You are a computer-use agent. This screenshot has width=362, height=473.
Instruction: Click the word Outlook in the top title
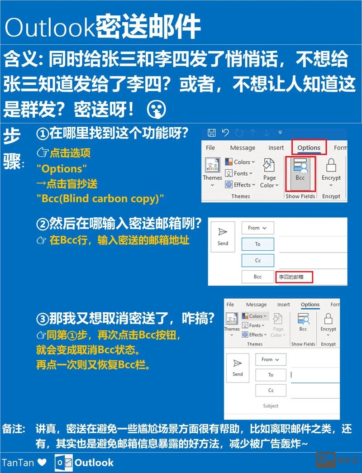click(x=50, y=28)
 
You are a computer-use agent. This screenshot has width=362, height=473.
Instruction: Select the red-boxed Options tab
click(x=309, y=148)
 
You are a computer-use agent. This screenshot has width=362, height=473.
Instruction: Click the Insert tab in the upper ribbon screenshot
click(x=276, y=148)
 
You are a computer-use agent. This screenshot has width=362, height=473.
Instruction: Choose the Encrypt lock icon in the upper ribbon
click(x=331, y=165)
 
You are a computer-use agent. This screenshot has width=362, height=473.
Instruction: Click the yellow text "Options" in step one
click(x=62, y=168)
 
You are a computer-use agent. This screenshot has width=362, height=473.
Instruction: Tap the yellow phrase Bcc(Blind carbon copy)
click(x=100, y=198)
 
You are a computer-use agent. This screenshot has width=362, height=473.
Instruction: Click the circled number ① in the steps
click(x=43, y=134)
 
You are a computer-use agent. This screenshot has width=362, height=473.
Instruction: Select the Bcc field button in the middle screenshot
click(x=257, y=277)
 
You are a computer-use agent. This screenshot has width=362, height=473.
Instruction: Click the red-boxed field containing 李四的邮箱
click(x=295, y=277)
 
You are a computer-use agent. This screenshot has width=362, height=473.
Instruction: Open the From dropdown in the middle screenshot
click(x=257, y=228)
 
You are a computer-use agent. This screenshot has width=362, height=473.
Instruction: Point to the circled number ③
click(x=43, y=319)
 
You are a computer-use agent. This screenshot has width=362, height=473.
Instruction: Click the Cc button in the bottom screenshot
click(x=271, y=390)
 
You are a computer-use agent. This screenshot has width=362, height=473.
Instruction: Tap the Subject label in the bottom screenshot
click(x=271, y=406)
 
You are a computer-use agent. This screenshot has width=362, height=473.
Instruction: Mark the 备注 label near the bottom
click(x=13, y=429)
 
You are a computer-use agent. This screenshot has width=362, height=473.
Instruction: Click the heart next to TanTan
click(x=42, y=463)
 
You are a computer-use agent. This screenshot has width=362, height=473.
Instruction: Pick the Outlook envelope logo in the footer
click(x=63, y=463)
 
